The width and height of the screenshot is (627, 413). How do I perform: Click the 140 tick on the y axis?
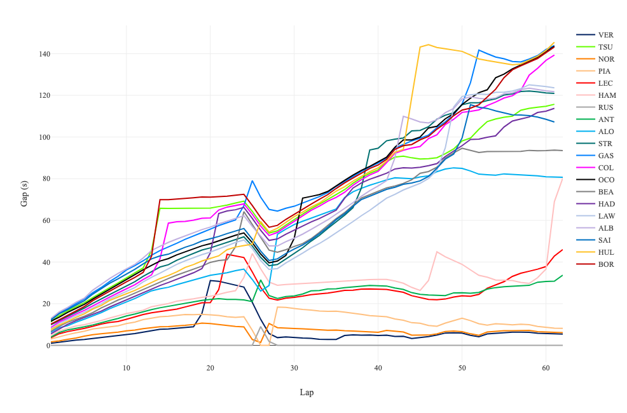click(41, 54)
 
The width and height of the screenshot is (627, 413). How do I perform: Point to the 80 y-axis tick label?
click(43, 179)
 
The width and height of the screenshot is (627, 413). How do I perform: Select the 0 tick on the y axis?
click(46, 346)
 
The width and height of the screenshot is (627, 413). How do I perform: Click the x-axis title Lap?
click(307, 393)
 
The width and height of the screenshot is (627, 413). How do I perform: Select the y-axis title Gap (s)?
click(24, 193)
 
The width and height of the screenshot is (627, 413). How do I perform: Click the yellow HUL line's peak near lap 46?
click(428, 44)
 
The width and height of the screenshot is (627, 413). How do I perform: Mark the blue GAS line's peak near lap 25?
click(252, 180)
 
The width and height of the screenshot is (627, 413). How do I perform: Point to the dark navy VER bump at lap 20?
click(210, 280)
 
